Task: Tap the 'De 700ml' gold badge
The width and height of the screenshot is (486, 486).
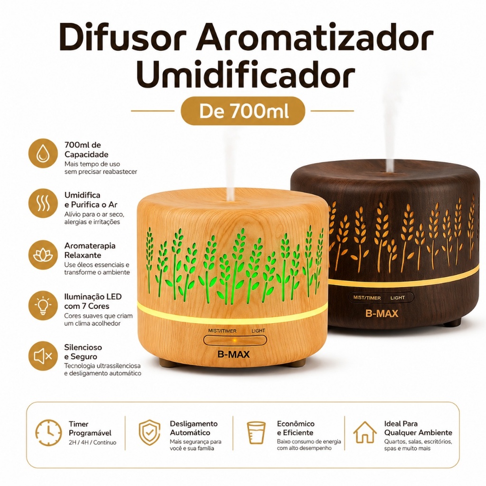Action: [243, 111]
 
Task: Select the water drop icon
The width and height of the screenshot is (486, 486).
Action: [43, 153]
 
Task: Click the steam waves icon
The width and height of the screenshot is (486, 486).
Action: [43, 204]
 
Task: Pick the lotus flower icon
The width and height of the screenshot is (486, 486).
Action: [43, 255]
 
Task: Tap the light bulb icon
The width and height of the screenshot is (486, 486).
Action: [43, 305]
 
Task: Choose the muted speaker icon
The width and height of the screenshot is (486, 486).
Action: [43, 356]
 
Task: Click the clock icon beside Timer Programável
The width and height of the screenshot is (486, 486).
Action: [48, 433]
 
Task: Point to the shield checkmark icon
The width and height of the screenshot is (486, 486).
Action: [150, 432]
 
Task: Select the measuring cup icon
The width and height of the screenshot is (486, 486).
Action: [256, 433]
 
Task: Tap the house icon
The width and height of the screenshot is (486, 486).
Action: [365, 432]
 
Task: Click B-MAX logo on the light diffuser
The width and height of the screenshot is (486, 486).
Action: [234, 354]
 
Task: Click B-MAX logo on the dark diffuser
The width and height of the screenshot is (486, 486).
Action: [382, 313]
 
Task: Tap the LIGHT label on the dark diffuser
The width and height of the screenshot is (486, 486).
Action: [398, 298]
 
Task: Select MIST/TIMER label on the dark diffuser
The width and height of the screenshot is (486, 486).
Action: [367, 298]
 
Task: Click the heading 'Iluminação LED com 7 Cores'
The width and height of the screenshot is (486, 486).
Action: [93, 301]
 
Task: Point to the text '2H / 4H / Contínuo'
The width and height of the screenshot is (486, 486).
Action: [93, 443]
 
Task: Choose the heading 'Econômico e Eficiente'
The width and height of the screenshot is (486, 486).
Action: [295, 428]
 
